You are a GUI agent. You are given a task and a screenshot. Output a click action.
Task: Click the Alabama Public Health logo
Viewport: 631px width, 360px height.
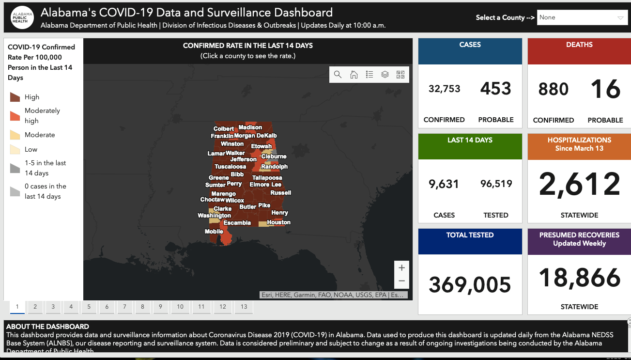click(22, 17)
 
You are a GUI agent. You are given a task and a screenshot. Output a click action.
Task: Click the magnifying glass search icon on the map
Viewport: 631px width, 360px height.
click(338, 75)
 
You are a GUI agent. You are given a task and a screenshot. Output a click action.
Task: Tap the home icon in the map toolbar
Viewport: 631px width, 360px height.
click(354, 75)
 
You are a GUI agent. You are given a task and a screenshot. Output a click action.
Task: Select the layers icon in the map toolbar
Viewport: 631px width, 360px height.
click(385, 75)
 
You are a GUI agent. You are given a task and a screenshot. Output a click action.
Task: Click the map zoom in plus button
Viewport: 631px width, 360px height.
click(401, 267)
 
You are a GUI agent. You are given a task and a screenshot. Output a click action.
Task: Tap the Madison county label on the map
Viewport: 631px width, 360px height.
click(250, 127)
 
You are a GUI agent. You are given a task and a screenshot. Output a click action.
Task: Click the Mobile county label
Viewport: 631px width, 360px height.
click(214, 232)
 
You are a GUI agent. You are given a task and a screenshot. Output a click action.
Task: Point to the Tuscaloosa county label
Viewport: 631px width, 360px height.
click(230, 167)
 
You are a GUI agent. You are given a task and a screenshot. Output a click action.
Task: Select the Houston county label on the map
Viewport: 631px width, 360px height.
click(279, 222)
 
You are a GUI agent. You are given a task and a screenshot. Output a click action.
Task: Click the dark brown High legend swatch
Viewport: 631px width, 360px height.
click(15, 97)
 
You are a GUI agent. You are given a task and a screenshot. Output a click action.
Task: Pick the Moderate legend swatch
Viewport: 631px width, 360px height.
click(15, 135)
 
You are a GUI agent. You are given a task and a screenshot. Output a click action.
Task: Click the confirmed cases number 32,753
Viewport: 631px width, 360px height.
click(444, 89)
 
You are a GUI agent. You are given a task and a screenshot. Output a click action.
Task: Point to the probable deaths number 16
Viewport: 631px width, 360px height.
click(605, 89)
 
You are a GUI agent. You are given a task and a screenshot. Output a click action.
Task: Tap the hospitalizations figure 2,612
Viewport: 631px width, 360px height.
click(579, 184)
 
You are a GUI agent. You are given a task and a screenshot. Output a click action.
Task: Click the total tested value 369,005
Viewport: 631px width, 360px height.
click(470, 284)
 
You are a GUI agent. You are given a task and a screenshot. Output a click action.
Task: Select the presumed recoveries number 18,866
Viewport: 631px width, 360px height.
click(579, 278)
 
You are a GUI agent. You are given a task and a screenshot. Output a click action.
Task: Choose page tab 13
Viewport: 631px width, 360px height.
click(244, 307)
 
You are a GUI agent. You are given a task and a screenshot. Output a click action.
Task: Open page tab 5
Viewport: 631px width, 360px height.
click(89, 307)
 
